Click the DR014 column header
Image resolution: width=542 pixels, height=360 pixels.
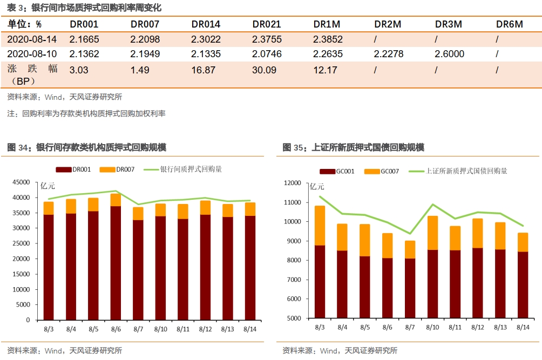coord(206,24)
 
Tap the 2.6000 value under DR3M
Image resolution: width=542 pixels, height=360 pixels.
coord(450,54)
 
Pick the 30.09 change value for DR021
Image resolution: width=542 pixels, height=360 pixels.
coord(264,70)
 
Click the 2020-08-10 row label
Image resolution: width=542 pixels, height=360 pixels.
coord(32,54)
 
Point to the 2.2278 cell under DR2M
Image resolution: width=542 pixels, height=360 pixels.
coord(389,54)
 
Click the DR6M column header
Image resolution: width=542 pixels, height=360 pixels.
coord(510,24)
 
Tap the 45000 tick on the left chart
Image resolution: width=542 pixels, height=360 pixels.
coord(22,182)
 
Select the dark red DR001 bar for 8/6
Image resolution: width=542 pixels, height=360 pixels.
coord(116,263)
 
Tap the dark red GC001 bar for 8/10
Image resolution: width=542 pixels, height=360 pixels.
coord(432,284)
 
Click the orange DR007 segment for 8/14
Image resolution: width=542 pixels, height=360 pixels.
coord(249,209)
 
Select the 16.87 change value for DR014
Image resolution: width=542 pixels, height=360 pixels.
coord(203,70)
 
